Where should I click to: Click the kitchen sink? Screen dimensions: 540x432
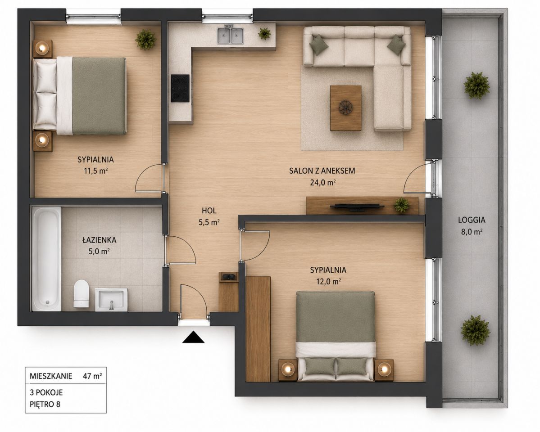point(231,36)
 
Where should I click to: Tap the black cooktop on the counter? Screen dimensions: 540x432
point(180,89)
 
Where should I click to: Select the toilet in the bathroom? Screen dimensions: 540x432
point(81,293)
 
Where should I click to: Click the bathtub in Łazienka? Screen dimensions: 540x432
point(47,258)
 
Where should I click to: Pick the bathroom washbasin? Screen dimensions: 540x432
point(111,299)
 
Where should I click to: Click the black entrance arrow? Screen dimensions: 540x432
point(193,337)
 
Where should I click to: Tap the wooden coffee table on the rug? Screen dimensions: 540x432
point(346,108)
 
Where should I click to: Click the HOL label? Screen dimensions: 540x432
point(209,211)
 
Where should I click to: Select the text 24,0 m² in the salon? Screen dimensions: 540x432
point(322,182)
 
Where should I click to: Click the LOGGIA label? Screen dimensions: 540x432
point(472,220)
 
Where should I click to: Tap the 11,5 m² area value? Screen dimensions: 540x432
point(96,171)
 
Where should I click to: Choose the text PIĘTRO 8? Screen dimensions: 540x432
point(45,404)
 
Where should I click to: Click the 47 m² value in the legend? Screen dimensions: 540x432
point(92,376)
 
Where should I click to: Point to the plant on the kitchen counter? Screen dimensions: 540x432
point(264,33)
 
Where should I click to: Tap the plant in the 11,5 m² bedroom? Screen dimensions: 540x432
point(145,39)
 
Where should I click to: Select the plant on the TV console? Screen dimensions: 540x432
point(402,205)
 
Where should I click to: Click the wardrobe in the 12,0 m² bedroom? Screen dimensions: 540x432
point(258,328)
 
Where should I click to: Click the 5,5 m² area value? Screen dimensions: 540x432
point(209,222)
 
